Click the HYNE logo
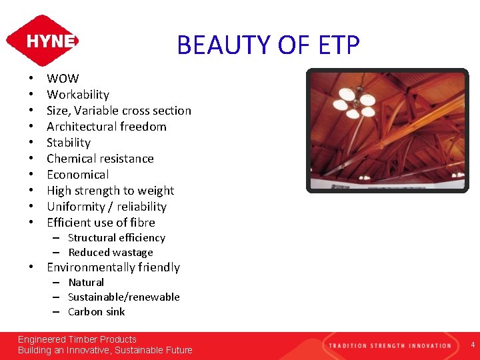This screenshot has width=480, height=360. pos(42,41)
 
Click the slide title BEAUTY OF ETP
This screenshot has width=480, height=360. pos(268,45)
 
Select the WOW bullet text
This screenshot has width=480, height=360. pos(63,79)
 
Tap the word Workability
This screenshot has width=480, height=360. pos(78,95)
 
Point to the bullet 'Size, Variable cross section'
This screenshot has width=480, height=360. pos(119,111)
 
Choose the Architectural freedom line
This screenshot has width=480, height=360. pos(107,127)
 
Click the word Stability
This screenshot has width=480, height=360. pos(69,143)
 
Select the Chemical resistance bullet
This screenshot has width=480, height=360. pos(100,159)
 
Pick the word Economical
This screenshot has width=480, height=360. pos(78,175)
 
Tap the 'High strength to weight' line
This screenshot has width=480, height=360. pos(110,191)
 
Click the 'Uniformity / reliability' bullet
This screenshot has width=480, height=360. pos(107,207)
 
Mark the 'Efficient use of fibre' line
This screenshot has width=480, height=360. pos(101,223)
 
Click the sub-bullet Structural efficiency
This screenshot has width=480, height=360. pos(117,238)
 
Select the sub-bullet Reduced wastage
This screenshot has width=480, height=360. pos(111,253)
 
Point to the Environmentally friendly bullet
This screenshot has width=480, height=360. pos(113,267)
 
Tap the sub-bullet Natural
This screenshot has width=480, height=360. pos(86,283)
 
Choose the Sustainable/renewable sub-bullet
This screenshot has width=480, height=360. pos(124,297)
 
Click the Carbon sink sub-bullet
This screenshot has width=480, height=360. pos(97,312)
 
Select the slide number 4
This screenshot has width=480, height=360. pos(472,345)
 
